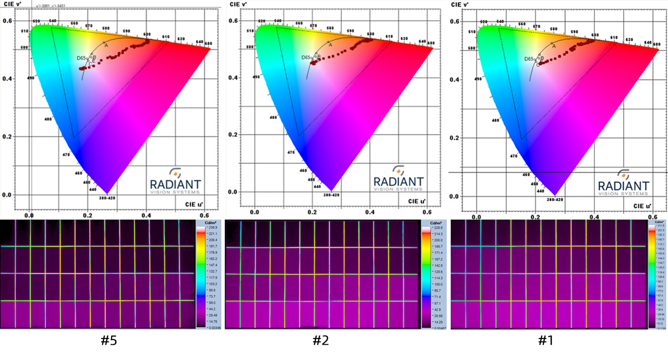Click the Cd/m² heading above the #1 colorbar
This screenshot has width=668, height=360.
click(660, 223)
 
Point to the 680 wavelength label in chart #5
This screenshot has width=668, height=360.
click(208, 44)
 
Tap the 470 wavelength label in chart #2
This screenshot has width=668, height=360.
click(291, 153)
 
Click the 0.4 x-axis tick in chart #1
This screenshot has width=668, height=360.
click(594, 217)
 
